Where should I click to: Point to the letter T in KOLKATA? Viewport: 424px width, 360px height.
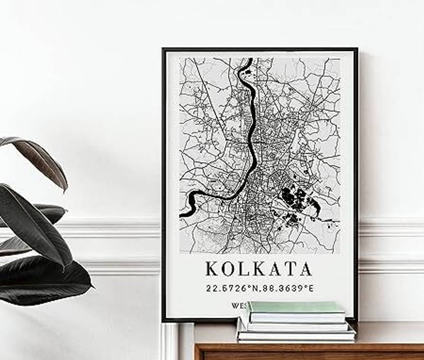291,269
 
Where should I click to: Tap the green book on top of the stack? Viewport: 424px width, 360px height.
296,307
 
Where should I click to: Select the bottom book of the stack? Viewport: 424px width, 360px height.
296,336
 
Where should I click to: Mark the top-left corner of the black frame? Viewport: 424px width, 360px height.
163,49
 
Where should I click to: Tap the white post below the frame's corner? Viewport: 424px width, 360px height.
170,342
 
